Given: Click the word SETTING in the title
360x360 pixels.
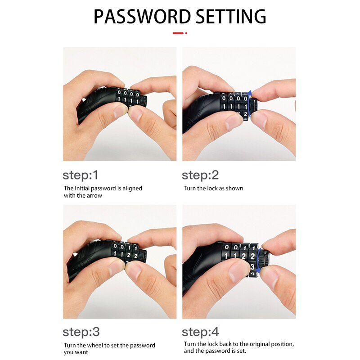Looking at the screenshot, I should click(231, 17).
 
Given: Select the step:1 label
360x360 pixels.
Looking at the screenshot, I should click(80, 175).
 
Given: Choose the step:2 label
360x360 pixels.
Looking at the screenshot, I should click(200, 175).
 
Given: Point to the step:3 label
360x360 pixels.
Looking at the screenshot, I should click(81, 332).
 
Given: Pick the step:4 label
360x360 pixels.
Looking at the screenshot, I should click(201, 332).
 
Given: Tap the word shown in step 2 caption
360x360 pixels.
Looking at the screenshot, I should click(234, 188).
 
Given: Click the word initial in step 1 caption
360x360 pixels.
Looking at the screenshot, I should click(84, 188).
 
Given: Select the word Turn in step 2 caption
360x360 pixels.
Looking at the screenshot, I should click(189, 188).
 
